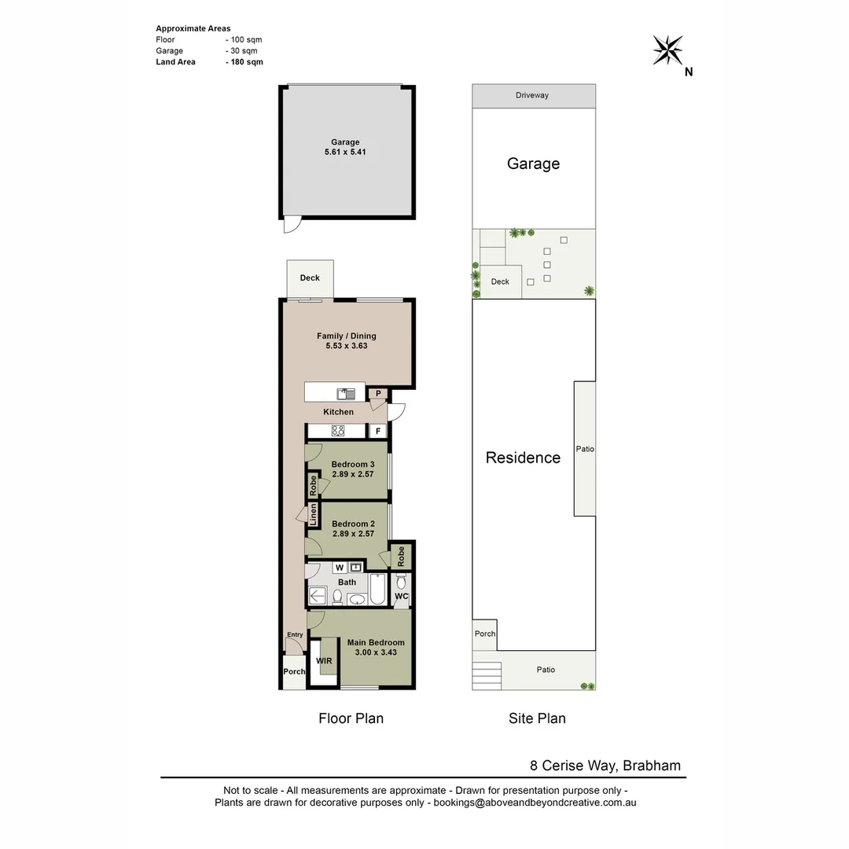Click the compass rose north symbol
[668, 51]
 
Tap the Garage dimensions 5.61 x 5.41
[345, 153]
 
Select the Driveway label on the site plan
[532, 95]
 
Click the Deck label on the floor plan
[310, 278]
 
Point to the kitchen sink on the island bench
[346, 393]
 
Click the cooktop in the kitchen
[338, 431]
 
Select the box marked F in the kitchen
[377, 431]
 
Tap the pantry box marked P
[377, 393]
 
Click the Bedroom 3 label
[353, 465]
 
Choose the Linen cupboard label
[313, 515]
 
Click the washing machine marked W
[340, 567]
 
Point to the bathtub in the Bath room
[377, 590]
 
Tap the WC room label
[401, 597]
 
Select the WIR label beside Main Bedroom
[324, 661]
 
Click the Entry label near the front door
[295, 634]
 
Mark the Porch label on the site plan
[485, 634]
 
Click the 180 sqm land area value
[245, 62]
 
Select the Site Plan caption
[536, 718]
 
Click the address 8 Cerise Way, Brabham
[604, 766]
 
